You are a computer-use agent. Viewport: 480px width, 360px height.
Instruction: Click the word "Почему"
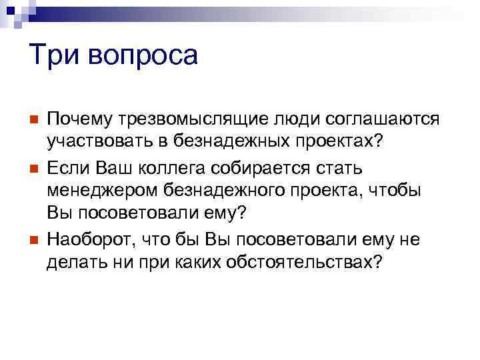pyautogui.click(x=79, y=119)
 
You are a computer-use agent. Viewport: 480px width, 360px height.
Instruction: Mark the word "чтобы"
pyautogui.click(x=397, y=189)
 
